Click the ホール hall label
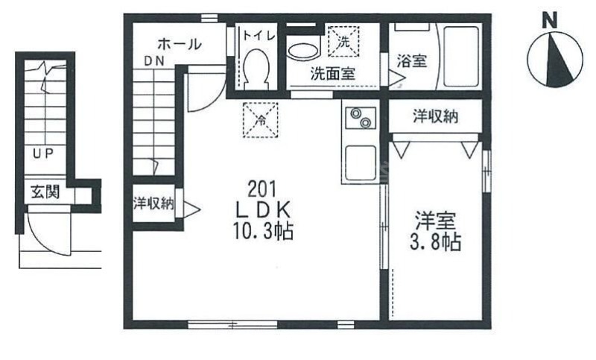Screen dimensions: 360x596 (180, 44)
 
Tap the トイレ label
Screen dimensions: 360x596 (258, 36)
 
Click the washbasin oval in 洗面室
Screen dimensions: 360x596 (303, 51)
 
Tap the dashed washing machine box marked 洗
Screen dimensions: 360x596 (343, 41)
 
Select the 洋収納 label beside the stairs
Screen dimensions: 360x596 (153, 203)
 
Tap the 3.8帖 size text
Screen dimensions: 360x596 (436, 241)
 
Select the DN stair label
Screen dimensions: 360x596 (155, 61)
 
